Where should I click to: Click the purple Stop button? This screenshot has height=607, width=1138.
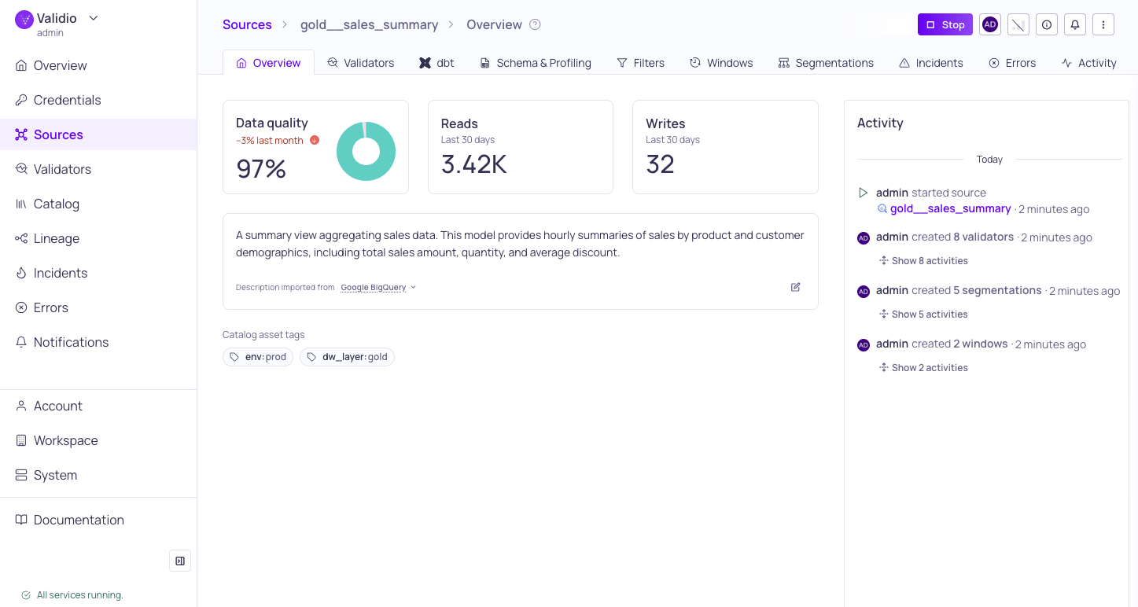pyautogui.click(x=945, y=24)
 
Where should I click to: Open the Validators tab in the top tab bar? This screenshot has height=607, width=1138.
pyautogui.click(x=361, y=63)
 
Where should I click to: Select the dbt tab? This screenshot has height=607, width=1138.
pyautogui.click(x=436, y=63)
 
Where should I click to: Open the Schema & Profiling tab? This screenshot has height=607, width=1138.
pyautogui.click(x=536, y=63)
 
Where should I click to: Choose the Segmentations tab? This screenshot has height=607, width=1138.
pyautogui.click(x=826, y=63)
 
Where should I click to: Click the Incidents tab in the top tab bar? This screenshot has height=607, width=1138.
pyautogui.click(x=931, y=63)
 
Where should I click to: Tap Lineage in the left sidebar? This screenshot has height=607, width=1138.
pyautogui.click(x=57, y=238)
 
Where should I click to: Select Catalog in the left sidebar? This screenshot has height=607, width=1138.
pyautogui.click(x=57, y=204)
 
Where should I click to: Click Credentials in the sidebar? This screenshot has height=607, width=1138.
pyautogui.click(x=67, y=100)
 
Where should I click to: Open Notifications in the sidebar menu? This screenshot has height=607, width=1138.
pyautogui.click(x=71, y=342)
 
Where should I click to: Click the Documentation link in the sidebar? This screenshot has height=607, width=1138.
pyautogui.click(x=79, y=520)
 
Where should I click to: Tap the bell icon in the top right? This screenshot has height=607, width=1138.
pyautogui.click(x=1075, y=24)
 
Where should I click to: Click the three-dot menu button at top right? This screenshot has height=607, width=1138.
pyautogui.click(x=1103, y=24)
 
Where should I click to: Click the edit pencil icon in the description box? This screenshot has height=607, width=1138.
pyautogui.click(x=795, y=287)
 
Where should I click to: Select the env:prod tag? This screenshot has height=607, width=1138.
pyautogui.click(x=258, y=357)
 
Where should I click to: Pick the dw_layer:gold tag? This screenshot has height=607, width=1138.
pyautogui.click(x=347, y=357)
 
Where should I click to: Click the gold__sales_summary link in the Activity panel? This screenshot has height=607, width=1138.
pyautogui.click(x=950, y=209)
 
